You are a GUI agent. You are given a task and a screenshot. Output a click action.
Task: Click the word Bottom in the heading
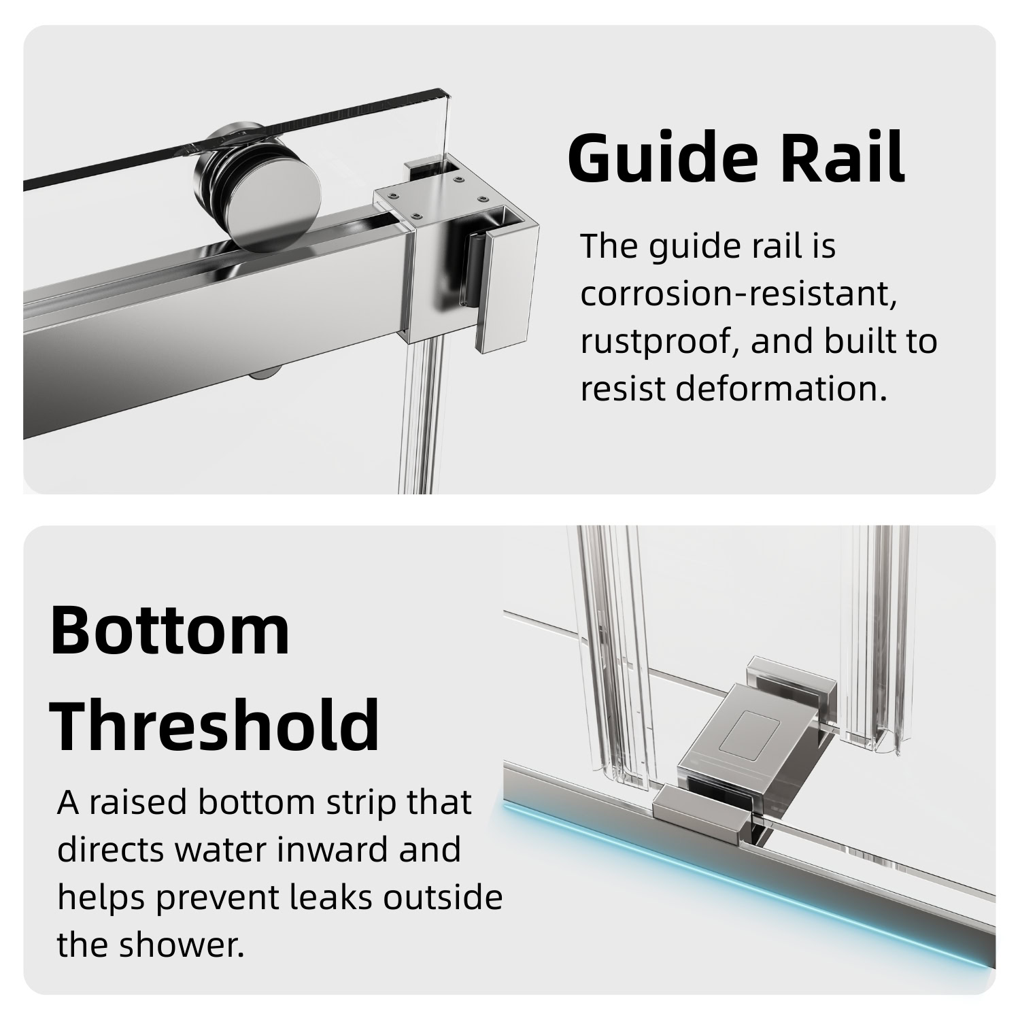tap(170, 630)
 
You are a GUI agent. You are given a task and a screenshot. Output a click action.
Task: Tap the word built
tap(859, 341)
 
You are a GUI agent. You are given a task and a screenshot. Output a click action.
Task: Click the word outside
tap(443, 898)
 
